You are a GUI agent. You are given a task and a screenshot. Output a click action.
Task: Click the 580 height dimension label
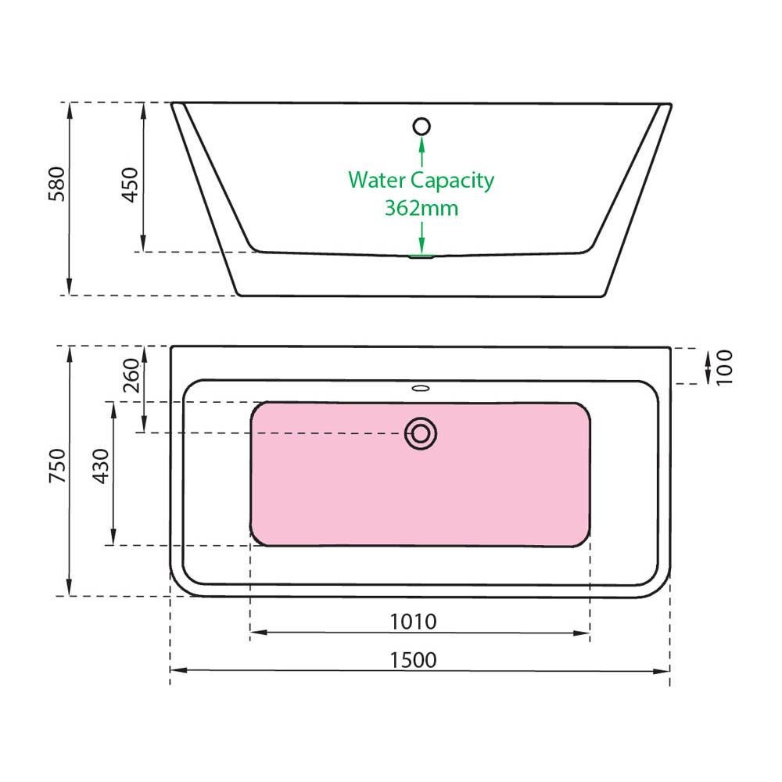(57, 184)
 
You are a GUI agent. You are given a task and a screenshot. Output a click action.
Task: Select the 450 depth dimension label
(130, 185)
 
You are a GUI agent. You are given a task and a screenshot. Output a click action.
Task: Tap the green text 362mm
(421, 208)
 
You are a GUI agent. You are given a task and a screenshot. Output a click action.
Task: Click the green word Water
(377, 180)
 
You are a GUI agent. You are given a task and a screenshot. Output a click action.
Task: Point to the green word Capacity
(452, 181)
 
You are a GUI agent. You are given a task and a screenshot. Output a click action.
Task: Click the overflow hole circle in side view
(422, 127)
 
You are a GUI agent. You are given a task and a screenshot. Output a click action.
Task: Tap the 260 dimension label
(131, 375)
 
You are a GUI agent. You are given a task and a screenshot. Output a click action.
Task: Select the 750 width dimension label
(57, 465)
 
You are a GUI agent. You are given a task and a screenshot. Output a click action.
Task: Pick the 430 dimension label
(101, 466)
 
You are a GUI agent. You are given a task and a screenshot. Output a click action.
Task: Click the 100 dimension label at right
(725, 368)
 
